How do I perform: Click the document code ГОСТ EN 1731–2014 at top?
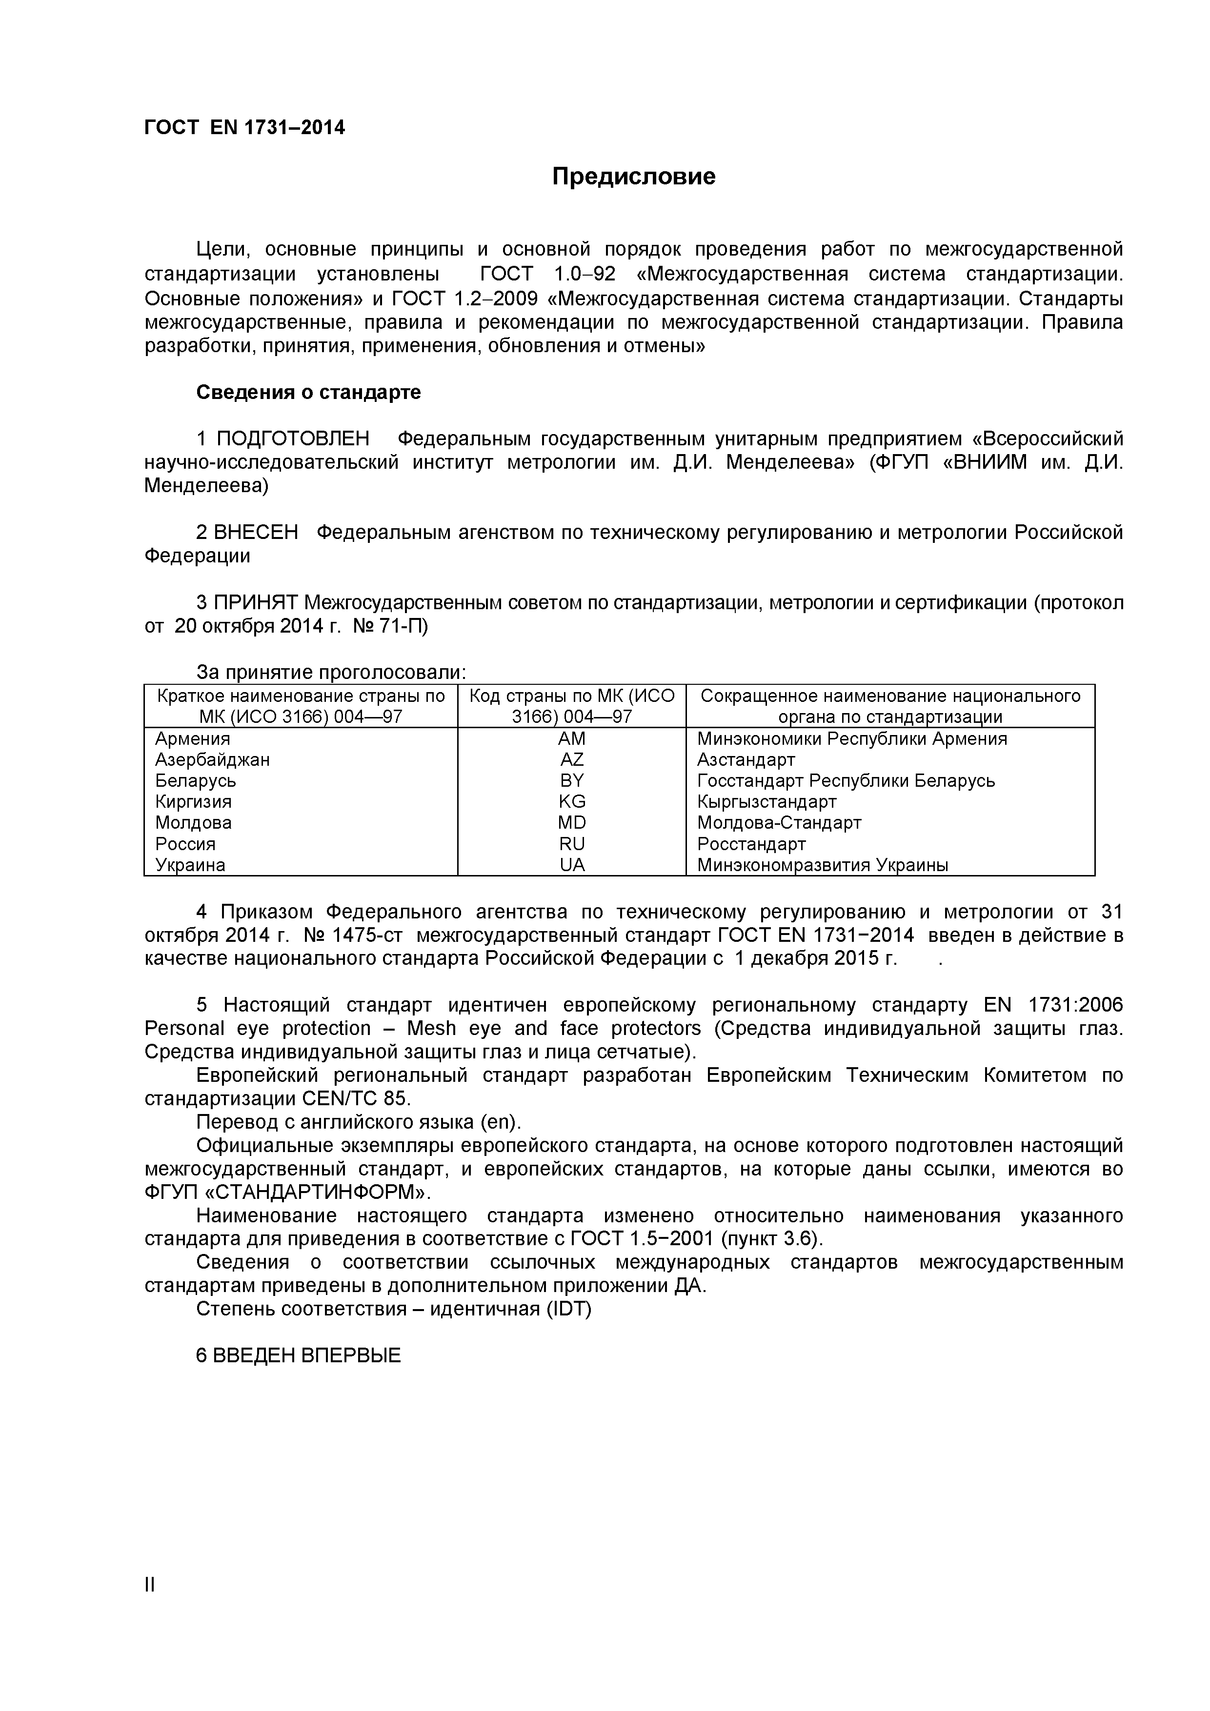[244, 128]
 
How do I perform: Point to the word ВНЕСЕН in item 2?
[255, 533]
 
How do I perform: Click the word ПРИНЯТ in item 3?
[256, 603]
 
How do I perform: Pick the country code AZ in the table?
[572, 760]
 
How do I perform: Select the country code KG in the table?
[572, 802]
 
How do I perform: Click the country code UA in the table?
[572, 865]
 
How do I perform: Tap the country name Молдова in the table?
[193, 823]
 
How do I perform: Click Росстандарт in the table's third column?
[751, 844]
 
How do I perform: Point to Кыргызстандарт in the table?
[767, 802]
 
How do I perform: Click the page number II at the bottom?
[150, 1606]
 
